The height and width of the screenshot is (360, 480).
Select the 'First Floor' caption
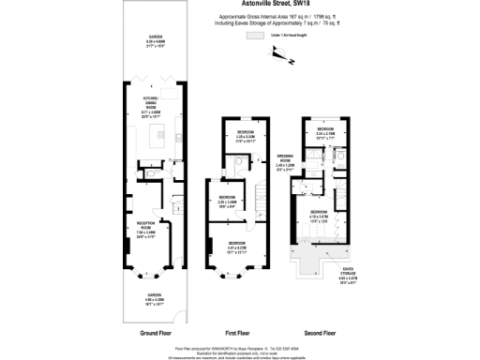coord(238,332)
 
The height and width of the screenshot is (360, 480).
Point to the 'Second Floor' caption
coord(322,332)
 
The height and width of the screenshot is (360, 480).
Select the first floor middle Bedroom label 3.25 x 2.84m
coord(227,201)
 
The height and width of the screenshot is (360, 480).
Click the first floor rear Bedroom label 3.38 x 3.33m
coord(247,137)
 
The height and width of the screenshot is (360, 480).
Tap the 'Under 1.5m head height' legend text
coord(285,35)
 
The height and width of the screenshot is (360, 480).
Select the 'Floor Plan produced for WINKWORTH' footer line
coord(239,343)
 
